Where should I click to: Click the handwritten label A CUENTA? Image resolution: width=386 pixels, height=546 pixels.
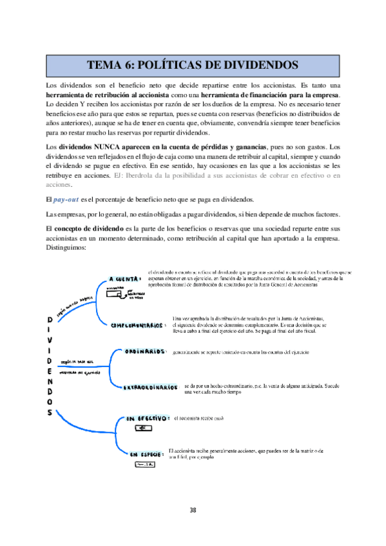pos(124,279)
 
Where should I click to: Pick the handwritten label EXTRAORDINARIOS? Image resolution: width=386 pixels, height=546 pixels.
pos(151,387)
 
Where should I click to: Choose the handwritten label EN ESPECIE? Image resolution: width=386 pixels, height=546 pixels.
pos(145,455)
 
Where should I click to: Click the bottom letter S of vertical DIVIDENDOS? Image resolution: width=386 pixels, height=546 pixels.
pos(50,414)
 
